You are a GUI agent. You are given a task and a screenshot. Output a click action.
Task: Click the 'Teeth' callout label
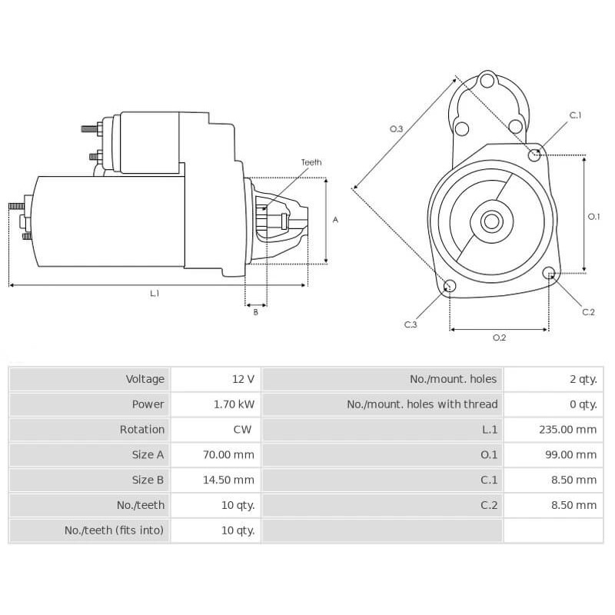click(311, 162)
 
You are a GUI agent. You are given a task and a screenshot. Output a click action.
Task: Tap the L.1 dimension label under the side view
click(155, 293)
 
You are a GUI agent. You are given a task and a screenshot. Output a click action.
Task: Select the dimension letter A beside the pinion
click(335, 220)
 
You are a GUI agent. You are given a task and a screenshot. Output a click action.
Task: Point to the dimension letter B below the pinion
click(256, 311)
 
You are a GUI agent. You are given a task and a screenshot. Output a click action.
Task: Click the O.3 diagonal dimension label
click(397, 129)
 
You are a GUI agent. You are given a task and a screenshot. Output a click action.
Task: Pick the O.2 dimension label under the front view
click(499, 337)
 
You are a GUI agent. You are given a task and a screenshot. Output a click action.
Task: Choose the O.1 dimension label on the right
click(593, 217)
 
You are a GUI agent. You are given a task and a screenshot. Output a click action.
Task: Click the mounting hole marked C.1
click(534, 155)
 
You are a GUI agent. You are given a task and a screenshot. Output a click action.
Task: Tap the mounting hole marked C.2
click(549, 273)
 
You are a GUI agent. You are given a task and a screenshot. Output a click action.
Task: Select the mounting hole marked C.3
click(450, 287)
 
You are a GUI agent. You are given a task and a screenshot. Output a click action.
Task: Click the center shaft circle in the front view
click(490, 222)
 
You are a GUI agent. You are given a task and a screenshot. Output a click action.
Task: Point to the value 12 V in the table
click(243, 379)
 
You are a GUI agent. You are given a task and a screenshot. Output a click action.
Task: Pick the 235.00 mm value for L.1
click(567, 430)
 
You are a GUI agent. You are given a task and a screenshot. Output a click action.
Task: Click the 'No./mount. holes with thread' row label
click(422, 404)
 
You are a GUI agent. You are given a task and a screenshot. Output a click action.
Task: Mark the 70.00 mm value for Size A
click(228, 455)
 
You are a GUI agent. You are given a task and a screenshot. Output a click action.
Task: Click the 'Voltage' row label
click(145, 379)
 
